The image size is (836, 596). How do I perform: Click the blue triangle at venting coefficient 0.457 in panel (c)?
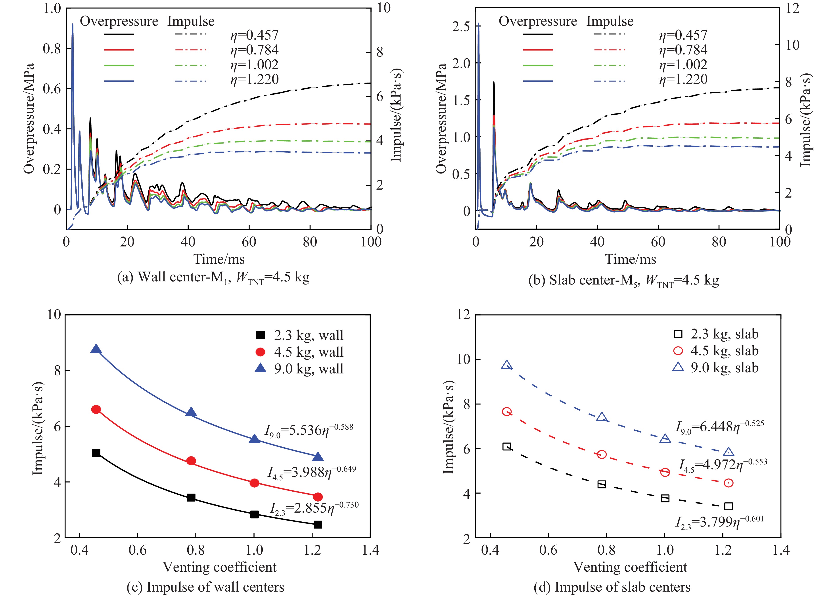click(96, 349)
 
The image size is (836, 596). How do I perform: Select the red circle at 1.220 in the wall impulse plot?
click(318, 497)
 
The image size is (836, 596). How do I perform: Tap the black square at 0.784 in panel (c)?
click(191, 498)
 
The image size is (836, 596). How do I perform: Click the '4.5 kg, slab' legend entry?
click(715, 351)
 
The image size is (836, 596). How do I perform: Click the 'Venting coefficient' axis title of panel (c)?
click(219, 567)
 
